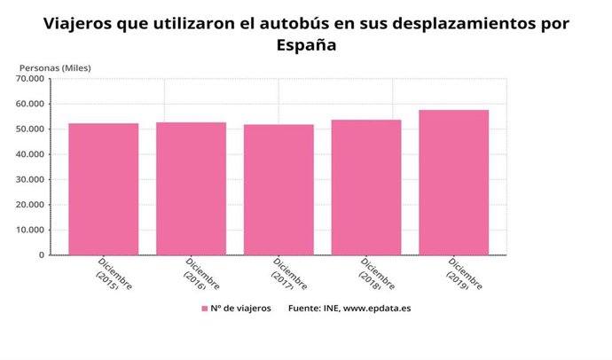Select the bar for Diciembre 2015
tap(103, 189)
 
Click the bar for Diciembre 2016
tap(191, 188)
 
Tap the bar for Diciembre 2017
tap(279, 190)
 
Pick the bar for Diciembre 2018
tap(366, 187)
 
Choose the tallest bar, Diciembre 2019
tap(454, 183)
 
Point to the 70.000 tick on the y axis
tap(29, 79)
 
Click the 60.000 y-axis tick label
tap(29, 104)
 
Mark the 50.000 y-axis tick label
tap(29, 129)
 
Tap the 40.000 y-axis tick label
tap(29, 154)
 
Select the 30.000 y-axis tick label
tap(29, 180)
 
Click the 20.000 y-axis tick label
tap(29, 205)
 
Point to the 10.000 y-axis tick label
tap(29, 231)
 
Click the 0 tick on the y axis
tap(40, 255)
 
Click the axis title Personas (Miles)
tap(55, 67)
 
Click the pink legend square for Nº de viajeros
tap(204, 309)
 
